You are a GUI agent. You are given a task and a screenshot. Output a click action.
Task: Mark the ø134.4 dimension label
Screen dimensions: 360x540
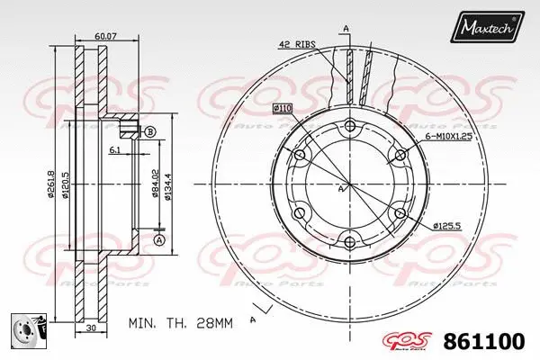pos(168,184)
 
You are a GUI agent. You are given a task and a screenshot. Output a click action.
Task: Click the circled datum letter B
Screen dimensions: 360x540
pos(150,131)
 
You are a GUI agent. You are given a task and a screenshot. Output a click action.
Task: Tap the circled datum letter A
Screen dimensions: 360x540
pos(158,240)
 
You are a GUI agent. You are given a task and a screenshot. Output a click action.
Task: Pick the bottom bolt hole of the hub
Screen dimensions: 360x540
pos(348,240)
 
